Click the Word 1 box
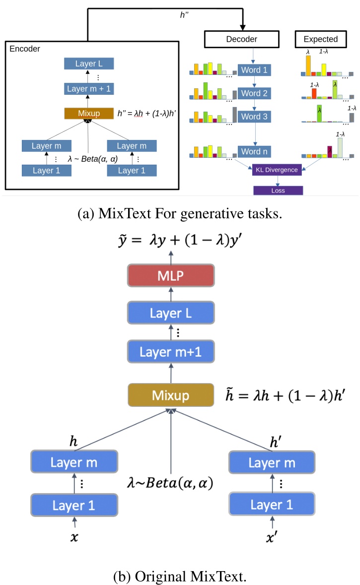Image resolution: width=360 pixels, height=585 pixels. (254, 70)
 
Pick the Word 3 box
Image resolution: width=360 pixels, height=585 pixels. (254, 117)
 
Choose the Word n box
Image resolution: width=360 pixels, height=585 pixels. (254, 151)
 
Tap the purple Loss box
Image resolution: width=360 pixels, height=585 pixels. (278, 190)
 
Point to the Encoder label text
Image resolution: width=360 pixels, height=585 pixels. (25, 49)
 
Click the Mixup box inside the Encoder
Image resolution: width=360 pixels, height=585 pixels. (89, 114)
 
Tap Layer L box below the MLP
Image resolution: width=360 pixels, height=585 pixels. (171, 314)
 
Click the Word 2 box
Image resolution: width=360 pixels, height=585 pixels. (254, 93)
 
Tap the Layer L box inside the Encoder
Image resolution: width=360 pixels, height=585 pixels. (89, 64)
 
